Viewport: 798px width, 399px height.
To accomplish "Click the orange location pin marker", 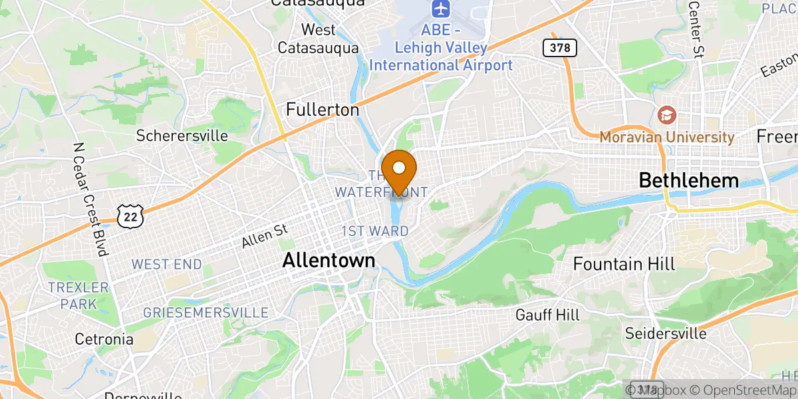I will point(400,170).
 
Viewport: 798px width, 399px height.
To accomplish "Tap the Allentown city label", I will point(329,260).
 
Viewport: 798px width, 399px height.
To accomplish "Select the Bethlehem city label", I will point(689,180).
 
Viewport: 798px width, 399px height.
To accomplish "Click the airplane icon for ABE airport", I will point(440,9).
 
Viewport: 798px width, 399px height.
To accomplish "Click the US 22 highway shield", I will point(128,214).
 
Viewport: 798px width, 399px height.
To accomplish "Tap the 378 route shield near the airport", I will point(559,47).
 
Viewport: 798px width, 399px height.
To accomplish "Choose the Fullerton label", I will point(323,110).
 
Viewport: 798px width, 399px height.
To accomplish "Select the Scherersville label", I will point(182,136).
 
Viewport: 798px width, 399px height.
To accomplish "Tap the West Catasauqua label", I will point(318,39).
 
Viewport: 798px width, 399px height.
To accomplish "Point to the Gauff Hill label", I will point(547,315).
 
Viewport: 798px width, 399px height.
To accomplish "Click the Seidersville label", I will point(666,332).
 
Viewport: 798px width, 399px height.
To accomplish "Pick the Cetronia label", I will point(104,339).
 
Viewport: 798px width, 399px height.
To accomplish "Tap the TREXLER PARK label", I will point(78,296).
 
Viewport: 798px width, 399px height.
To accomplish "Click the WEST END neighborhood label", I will point(166,264).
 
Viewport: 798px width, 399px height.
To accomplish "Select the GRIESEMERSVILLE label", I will point(206,313).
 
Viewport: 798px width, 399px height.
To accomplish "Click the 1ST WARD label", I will point(375,231).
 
